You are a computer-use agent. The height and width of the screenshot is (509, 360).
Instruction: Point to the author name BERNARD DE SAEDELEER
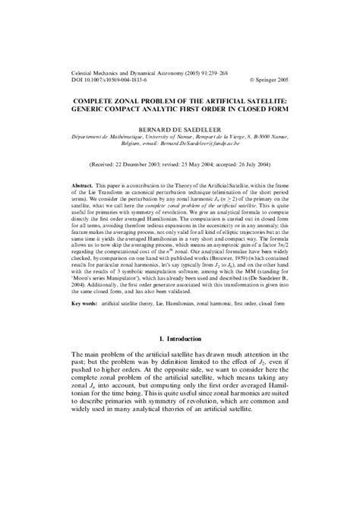pyautogui.click(x=179, y=130)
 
